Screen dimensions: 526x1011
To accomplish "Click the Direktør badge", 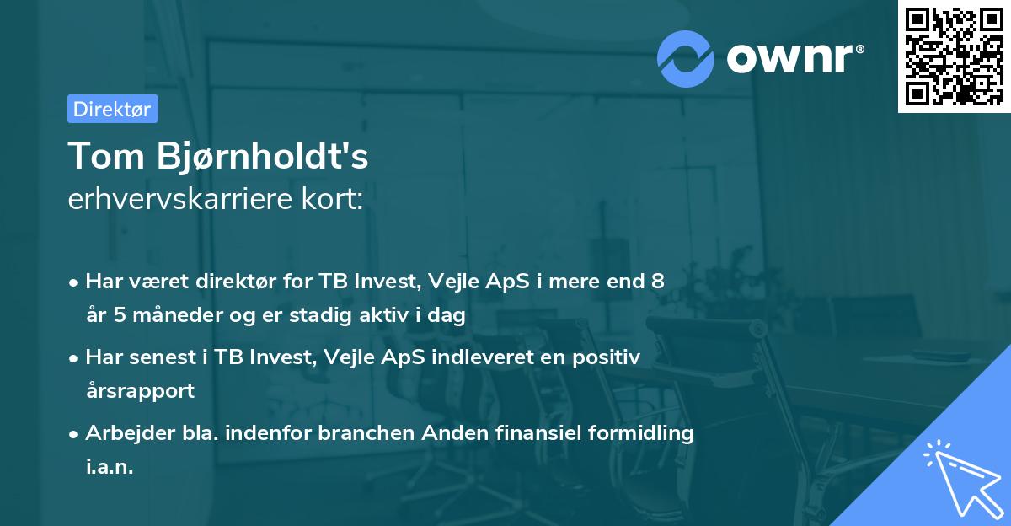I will click(112, 109).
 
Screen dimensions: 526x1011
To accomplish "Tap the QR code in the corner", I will click(951, 55).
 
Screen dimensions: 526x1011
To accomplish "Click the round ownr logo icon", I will click(686, 57).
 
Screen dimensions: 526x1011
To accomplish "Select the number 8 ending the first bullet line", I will click(657, 282).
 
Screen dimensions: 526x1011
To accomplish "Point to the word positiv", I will click(607, 357).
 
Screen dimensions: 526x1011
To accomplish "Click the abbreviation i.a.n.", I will click(110, 467).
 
